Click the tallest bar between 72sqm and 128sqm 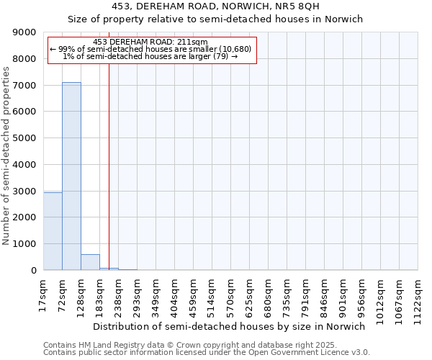(71, 176)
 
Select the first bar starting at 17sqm (53, 231)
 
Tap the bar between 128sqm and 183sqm (90, 262)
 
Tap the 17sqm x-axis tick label (43, 294)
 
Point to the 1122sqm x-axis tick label (418, 297)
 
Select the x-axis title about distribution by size (230, 326)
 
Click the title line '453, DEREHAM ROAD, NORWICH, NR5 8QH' (215, 6)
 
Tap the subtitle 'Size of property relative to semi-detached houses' (215, 19)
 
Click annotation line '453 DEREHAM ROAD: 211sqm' (150, 42)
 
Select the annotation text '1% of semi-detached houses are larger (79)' (150, 56)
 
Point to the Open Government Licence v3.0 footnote (207, 353)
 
